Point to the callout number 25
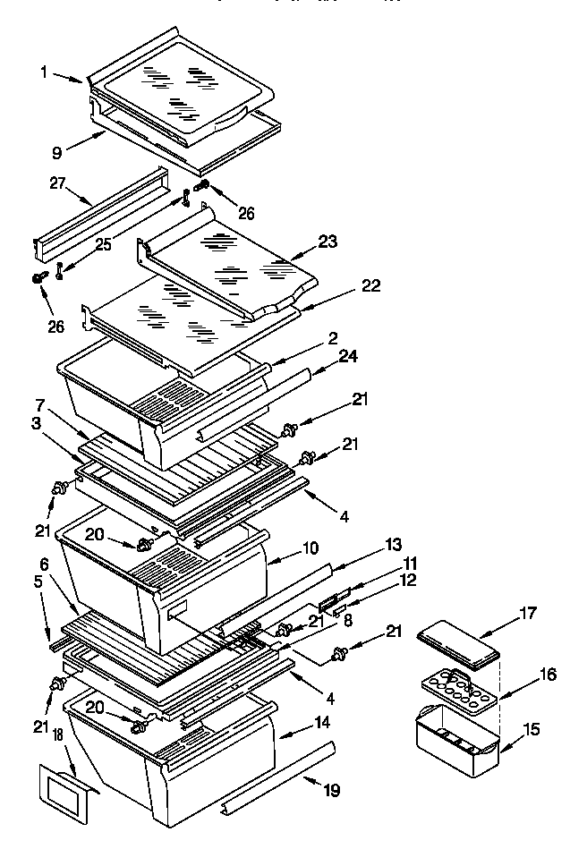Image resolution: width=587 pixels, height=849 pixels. (x=104, y=244)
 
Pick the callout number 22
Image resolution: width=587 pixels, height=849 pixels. (x=371, y=286)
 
